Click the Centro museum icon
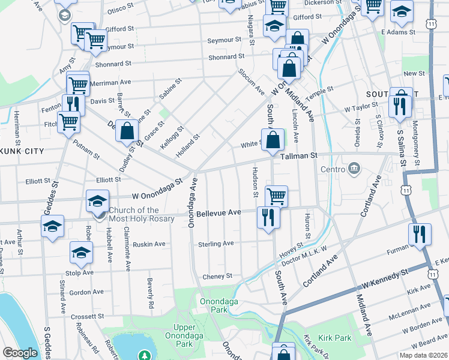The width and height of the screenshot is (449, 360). tap(354, 168)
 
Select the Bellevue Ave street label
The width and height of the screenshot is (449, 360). tap(218, 213)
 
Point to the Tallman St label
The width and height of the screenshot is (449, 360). tap(298, 156)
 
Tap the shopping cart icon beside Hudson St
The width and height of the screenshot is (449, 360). tap(276, 195)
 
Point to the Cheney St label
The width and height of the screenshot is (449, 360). tap(217, 276)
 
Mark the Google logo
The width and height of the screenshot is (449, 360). tap(20, 353)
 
